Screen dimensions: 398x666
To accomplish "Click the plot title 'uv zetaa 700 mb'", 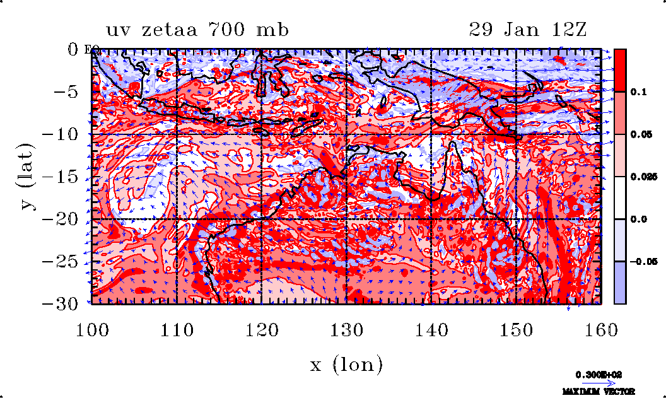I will pos(197,30).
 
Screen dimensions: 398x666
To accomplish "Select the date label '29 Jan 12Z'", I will pos(528,30).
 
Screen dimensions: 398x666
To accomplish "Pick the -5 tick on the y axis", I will pos(71,92).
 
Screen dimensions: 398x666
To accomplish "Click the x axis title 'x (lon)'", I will pos(346,364).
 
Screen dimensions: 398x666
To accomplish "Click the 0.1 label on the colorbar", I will pos(639,92).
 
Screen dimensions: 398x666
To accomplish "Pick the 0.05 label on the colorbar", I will pos(641,134).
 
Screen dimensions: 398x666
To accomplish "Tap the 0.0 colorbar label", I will pos(639,219).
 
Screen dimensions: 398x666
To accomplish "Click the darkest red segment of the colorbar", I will pos(620,70).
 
